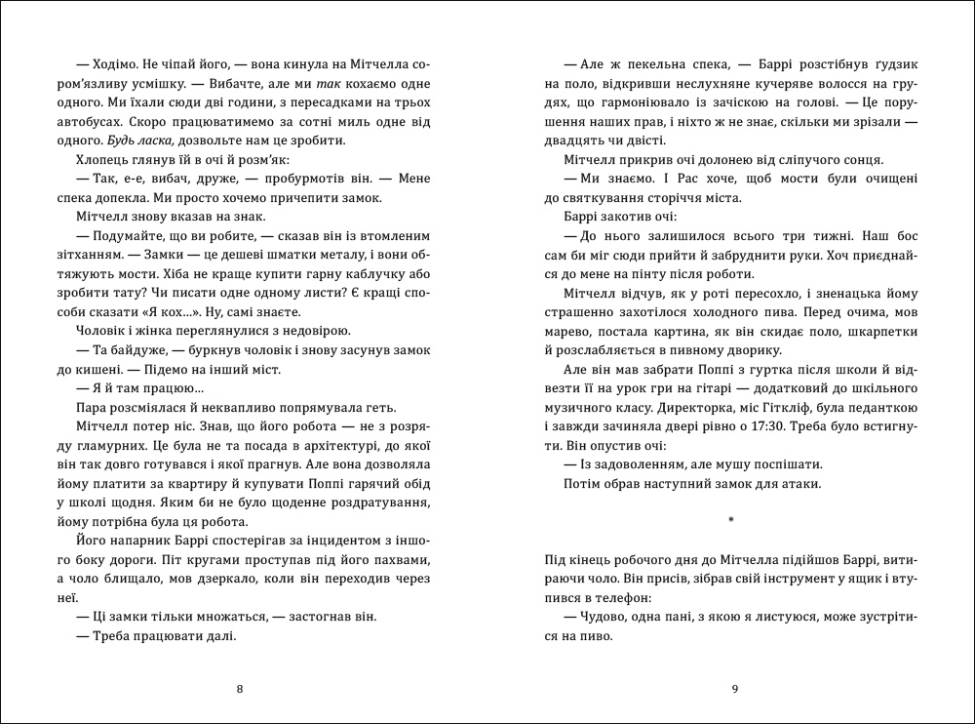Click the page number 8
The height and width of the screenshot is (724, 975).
click(x=240, y=690)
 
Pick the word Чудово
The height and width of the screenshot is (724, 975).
click(x=598, y=617)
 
